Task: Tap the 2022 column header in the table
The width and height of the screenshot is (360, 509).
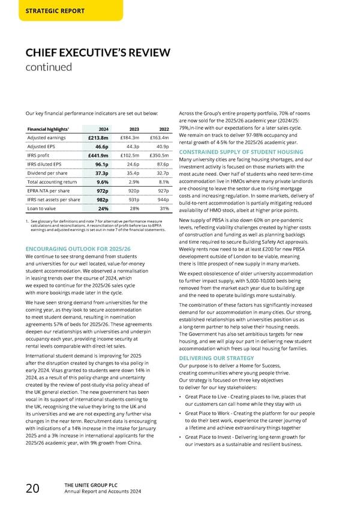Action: (x=163, y=128)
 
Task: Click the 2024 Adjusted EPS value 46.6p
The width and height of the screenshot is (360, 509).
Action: (x=101, y=146)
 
